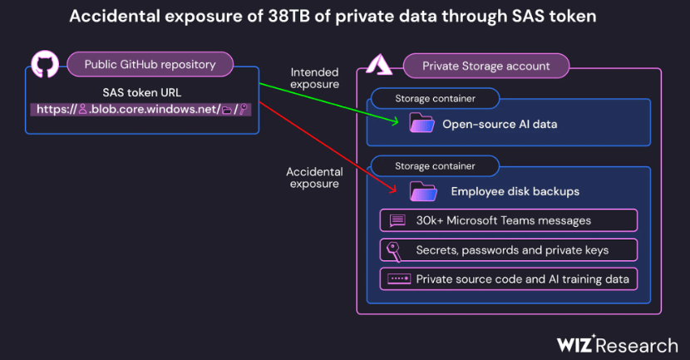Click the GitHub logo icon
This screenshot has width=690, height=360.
[45, 65]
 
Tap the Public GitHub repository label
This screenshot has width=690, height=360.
[150, 64]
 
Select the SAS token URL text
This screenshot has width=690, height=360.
[142, 93]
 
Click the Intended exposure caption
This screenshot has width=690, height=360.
[314, 78]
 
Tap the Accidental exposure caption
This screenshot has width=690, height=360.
[314, 177]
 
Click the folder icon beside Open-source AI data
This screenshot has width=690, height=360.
[422, 124]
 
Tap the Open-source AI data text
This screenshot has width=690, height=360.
[499, 125]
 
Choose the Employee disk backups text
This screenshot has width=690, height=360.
[515, 191]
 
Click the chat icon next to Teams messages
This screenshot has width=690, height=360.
[397, 220]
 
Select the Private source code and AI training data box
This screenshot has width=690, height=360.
[509, 279]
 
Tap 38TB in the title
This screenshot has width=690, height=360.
[283, 17]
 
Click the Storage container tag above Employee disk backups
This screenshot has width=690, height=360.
[435, 165]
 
